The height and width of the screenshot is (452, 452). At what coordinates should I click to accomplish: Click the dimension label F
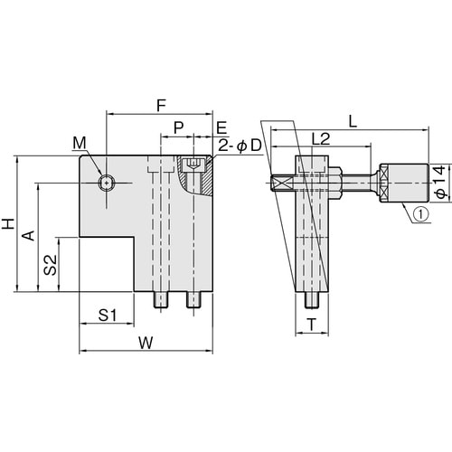click(162, 106)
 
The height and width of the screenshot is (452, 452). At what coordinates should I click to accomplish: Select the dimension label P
click(179, 127)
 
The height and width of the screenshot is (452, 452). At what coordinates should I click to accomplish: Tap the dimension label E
click(221, 127)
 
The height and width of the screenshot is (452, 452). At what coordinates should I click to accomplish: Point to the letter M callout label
click(80, 143)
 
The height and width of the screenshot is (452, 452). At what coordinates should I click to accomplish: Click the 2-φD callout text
click(240, 146)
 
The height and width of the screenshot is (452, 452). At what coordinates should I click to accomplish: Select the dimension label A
click(30, 236)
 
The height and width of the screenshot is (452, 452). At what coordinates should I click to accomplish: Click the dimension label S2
click(50, 265)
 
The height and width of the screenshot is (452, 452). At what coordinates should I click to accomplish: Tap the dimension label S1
click(108, 315)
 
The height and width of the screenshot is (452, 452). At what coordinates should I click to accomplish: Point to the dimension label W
click(146, 343)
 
